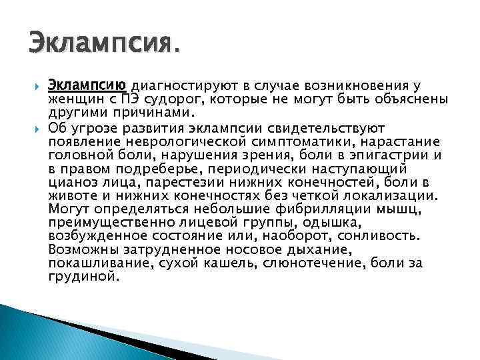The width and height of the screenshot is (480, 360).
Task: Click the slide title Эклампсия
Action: [104, 47]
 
